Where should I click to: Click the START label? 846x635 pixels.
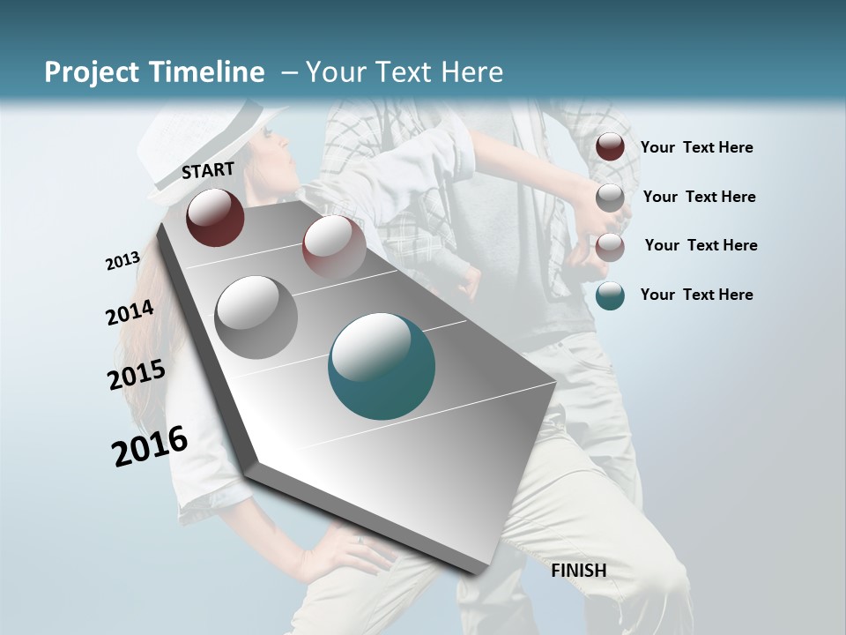tap(208, 170)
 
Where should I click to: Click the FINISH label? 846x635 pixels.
tap(578, 571)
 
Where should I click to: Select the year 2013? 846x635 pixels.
tap(123, 261)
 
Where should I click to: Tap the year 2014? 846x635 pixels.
tap(130, 313)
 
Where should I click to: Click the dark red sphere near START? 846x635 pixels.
tap(215, 217)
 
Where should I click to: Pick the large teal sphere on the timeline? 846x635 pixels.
tap(382, 366)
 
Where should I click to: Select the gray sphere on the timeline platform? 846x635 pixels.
tap(256, 317)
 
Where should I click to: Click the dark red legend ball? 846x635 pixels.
tap(610, 146)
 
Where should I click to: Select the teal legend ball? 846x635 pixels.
tap(610, 295)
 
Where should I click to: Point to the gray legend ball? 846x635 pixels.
tap(610, 197)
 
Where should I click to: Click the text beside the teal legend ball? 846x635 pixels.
tap(696, 295)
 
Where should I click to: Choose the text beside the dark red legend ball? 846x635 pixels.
tap(696, 147)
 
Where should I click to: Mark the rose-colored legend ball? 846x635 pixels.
tap(610, 246)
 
